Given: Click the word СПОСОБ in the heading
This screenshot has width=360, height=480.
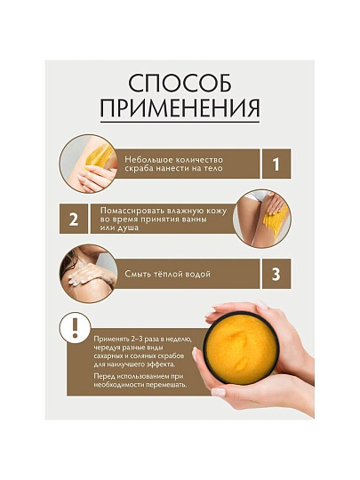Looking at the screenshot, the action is [180, 84].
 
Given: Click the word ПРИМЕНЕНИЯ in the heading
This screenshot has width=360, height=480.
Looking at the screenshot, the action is [180, 108].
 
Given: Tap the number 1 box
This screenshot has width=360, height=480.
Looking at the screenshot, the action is [276, 164].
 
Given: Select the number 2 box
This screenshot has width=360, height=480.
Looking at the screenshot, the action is [74, 219].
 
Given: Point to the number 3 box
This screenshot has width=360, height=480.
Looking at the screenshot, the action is [276, 274].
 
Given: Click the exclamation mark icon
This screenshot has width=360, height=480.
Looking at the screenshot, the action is [75, 328].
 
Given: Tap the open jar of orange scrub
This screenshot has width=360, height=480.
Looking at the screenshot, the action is [241, 348].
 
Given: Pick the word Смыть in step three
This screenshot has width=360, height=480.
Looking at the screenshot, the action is [136, 274].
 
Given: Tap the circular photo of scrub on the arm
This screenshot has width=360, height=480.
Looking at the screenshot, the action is [89, 164].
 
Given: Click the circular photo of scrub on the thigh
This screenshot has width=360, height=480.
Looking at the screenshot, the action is [261, 219].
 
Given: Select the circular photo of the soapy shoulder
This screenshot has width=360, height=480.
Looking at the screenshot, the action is [89, 274].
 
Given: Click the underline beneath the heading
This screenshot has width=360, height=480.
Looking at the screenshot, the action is [180, 122].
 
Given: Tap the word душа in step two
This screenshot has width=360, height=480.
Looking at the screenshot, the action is [128, 228].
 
